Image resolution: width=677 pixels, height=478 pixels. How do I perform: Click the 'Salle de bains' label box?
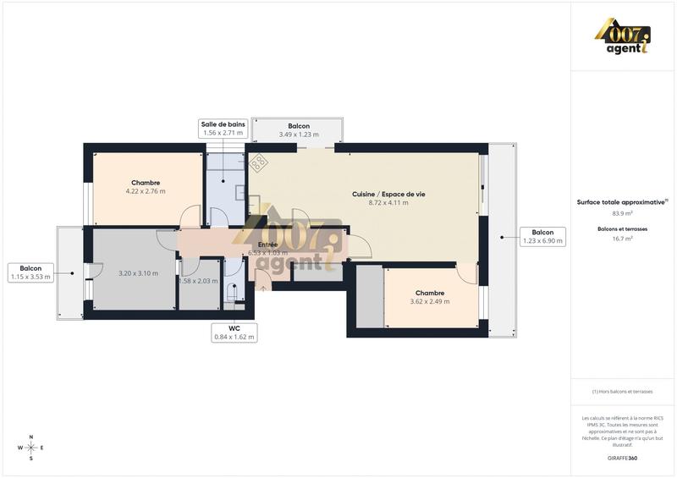pos(223,129)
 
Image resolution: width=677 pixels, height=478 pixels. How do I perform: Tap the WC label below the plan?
pos(234,332)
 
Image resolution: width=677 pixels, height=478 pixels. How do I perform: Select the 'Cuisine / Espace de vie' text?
pos(388,194)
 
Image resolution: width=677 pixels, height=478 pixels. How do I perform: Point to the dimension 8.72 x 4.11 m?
pos(388,203)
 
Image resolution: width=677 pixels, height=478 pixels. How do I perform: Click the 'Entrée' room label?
pos(267,244)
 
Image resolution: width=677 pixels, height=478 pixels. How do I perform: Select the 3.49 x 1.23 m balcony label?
pos(298,130)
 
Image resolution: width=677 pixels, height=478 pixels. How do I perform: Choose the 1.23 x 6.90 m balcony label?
pos(542,236)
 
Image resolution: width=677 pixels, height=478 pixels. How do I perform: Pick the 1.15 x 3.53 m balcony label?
pos(30,272)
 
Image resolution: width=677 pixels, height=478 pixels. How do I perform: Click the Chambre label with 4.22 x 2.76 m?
pos(146,187)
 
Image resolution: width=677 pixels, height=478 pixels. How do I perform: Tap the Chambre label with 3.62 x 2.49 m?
pos(430,296)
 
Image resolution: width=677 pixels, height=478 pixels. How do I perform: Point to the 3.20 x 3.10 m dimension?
pos(138,273)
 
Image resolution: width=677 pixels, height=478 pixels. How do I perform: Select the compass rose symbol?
pos(31,448)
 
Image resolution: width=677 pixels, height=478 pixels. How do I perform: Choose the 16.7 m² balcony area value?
pos(623,239)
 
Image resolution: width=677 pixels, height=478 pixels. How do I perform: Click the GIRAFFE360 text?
pos(623,458)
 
